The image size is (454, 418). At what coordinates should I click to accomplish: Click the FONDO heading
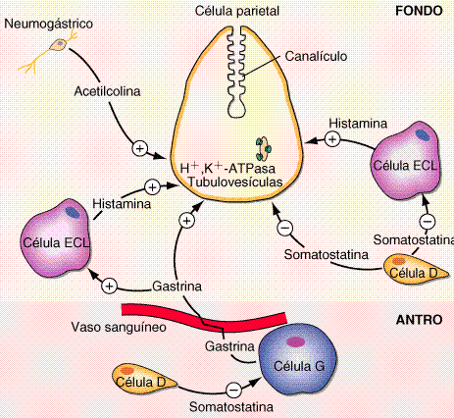pyautogui.click(x=419, y=11)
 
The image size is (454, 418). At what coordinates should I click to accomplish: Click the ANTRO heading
pyautogui.click(x=419, y=320)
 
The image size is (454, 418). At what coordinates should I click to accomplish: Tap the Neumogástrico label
pyautogui.click(x=49, y=24)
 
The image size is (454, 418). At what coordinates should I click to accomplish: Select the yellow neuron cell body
pyautogui.click(x=59, y=44)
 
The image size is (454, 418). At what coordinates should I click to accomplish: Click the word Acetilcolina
pyautogui.click(x=107, y=91)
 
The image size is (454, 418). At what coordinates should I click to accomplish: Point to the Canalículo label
pyautogui.click(x=316, y=56)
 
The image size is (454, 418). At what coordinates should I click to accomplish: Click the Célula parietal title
pyautogui.click(x=237, y=11)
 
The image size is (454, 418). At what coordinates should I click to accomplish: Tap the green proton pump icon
pyautogui.click(x=263, y=149)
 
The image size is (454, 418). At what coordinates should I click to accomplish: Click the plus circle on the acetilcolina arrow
pyautogui.click(x=140, y=148)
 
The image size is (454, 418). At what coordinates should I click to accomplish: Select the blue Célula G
pyautogui.click(x=298, y=359)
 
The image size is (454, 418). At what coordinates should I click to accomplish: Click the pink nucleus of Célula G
pyautogui.click(x=295, y=342)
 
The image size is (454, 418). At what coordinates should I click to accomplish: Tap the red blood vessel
pyautogui.click(x=204, y=316)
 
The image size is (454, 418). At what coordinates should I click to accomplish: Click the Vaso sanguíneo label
pyautogui.click(x=119, y=327)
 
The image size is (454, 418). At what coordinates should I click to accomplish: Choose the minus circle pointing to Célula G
pyautogui.click(x=233, y=390)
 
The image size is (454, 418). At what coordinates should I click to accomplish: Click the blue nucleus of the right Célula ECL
pyautogui.click(x=423, y=134)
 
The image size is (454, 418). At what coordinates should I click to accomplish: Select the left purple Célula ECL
pyautogui.click(x=56, y=237)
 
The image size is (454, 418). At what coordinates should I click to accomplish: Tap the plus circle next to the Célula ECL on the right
pyautogui.click(x=332, y=139)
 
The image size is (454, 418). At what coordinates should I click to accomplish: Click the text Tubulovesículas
pyautogui.click(x=235, y=182)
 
